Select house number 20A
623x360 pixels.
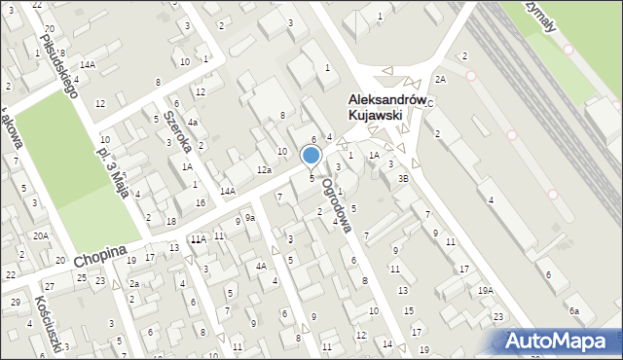[x=40, y=235]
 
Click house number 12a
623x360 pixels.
[x=264, y=170]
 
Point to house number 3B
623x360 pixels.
[x=403, y=179]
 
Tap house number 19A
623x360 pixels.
[x=485, y=290]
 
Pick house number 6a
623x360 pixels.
[x=574, y=310]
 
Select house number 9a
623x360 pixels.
[x=250, y=218]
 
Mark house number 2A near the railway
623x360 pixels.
[x=440, y=78]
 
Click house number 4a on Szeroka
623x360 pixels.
[x=193, y=123]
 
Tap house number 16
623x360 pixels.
[x=200, y=202]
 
